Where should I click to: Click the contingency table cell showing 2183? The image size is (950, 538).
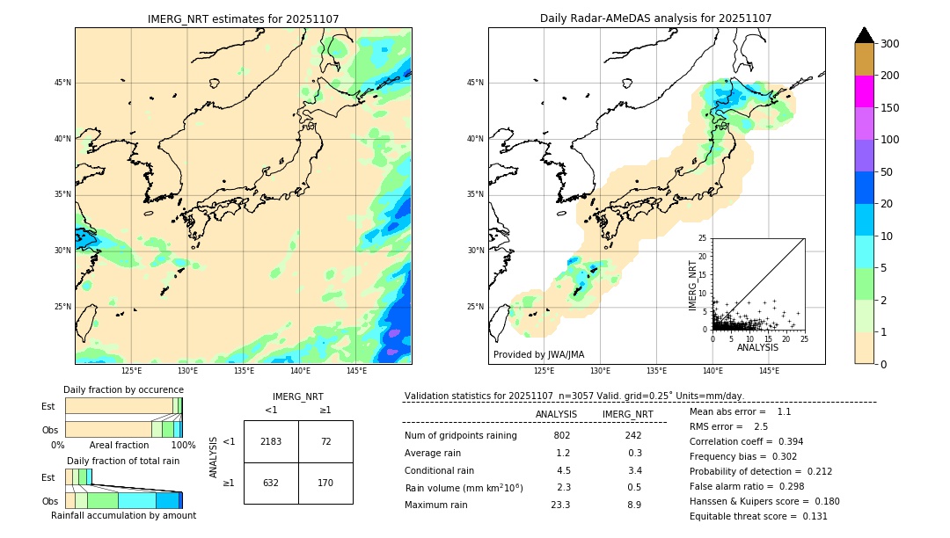pos(271,441)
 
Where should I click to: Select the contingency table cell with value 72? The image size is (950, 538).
pos(325,441)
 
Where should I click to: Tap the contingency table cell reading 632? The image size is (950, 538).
pos(271,483)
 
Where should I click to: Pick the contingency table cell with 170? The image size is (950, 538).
pos(325,483)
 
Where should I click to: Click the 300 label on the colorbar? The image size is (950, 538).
pos(890,44)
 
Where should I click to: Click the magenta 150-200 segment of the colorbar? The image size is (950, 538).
pos(864,91)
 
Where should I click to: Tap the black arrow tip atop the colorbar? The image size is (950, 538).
pos(864,34)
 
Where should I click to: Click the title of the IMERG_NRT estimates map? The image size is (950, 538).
pos(243,18)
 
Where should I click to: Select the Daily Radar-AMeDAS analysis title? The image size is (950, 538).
pos(656,18)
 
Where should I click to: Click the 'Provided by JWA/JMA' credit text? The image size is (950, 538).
pos(538,355)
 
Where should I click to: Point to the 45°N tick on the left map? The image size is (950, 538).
pos(62,83)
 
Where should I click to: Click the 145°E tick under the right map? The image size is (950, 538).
pos(769,371)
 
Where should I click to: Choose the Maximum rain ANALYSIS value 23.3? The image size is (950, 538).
pos(560,505)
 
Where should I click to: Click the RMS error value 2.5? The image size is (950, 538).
pos(761,426)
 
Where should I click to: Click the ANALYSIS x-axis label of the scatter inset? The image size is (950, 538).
pos(757,348)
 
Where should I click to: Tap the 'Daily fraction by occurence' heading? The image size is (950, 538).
pos(124,389)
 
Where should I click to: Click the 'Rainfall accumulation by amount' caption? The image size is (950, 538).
pos(124,516)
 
